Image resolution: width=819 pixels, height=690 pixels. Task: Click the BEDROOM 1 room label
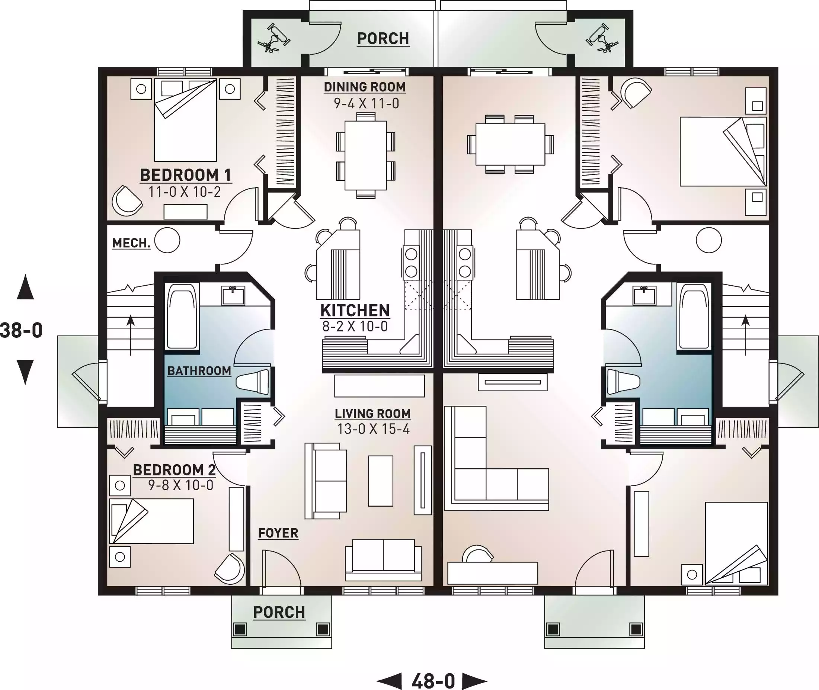point(185,175)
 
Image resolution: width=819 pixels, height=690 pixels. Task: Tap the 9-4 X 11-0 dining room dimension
point(366,103)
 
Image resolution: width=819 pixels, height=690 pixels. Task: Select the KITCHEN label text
point(355,311)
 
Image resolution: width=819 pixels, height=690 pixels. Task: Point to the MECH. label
point(131,243)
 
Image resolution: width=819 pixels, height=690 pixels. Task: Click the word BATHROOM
point(199,370)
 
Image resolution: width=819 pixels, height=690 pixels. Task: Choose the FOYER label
point(278,533)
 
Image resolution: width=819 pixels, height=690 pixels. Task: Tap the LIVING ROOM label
point(372,414)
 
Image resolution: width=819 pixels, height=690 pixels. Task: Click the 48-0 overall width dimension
point(433,681)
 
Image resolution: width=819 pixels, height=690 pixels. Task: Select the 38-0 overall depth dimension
point(21,330)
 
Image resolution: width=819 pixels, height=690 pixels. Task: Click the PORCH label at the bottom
point(279,612)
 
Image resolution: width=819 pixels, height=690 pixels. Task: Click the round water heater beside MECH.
point(167,240)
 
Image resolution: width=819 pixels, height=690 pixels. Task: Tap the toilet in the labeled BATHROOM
point(253,382)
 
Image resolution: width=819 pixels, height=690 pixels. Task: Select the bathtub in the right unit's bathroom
point(694,316)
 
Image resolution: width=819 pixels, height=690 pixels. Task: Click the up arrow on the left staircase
point(130,335)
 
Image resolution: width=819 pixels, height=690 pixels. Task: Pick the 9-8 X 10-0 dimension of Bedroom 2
point(181,485)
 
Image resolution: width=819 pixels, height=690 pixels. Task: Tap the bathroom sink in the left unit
point(233,295)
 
